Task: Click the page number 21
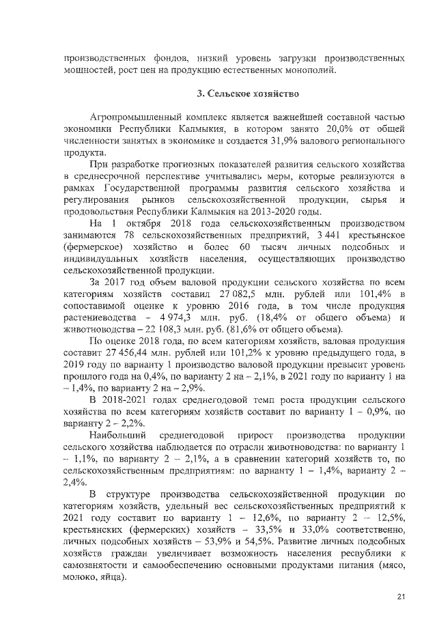pyautogui.click(x=401, y=598)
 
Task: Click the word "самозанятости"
pyautogui.click(x=96, y=565)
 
